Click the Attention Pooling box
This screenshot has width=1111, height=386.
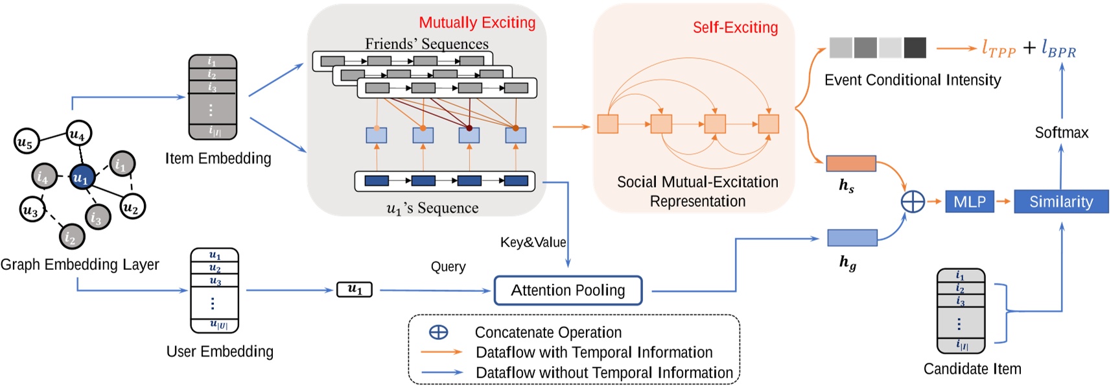click(568, 291)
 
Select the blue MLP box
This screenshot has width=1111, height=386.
click(969, 202)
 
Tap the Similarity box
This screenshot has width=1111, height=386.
click(1060, 202)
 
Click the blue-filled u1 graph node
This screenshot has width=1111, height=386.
click(81, 176)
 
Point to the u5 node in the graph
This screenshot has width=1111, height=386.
click(26, 141)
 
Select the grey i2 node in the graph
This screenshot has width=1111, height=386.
click(71, 237)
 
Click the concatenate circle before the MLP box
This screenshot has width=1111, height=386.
click(913, 202)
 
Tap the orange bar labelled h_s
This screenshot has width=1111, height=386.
click(850, 163)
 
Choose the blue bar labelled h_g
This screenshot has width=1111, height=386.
click(852, 237)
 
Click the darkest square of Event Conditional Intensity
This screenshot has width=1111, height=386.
click(915, 48)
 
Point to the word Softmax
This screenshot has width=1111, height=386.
click(1061, 133)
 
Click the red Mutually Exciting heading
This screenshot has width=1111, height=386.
click(477, 23)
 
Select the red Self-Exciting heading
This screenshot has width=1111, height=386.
click(734, 27)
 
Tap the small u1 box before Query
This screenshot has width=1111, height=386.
click(355, 289)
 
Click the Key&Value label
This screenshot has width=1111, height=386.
click(533, 243)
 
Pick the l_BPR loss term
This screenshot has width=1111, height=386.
click(1058, 49)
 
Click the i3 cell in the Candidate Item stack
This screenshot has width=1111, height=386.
click(961, 302)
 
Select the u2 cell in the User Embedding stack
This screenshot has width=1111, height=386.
click(215, 268)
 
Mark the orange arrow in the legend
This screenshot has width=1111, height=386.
click(441, 352)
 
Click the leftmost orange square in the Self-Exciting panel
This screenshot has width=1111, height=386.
click(607, 124)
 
